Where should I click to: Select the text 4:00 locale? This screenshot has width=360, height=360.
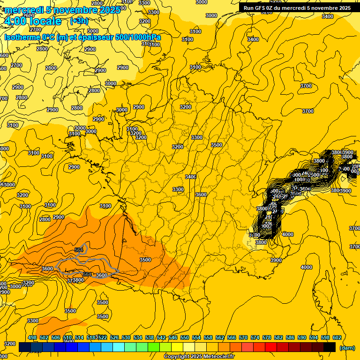coord(32,22)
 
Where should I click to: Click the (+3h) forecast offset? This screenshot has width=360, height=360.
coord(79,21)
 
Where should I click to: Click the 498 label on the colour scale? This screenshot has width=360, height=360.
coord(32,337)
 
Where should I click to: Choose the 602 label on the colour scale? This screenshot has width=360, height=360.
coord(337,337)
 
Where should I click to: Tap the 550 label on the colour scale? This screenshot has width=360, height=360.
coord(185,337)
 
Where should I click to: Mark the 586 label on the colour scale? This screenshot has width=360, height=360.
coord(290,337)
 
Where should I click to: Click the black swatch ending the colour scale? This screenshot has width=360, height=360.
coord(330,347)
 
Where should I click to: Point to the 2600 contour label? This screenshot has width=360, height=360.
coord(29,15)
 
